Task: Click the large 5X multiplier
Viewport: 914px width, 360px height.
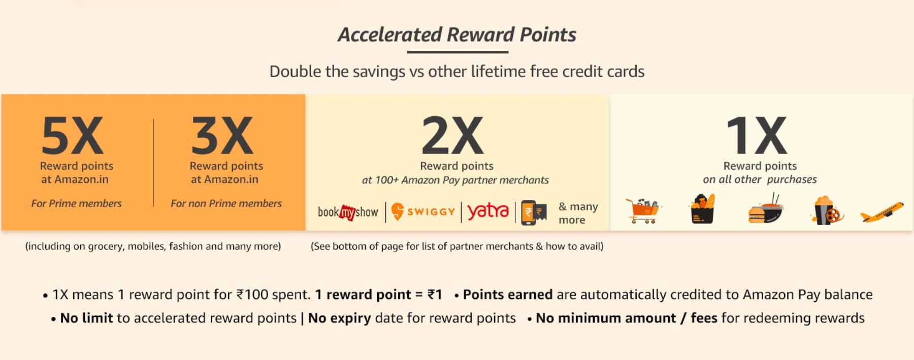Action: point(73,135)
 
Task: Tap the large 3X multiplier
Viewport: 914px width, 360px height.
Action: point(222,135)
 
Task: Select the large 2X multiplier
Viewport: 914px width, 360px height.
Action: point(452,135)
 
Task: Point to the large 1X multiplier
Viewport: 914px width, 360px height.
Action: point(757,135)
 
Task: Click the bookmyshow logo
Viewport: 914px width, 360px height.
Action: point(348,212)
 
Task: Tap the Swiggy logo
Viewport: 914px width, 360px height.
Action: point(423,212)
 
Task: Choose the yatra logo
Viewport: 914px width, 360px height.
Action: point(487,211)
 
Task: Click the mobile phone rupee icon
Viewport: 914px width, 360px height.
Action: point(534,213)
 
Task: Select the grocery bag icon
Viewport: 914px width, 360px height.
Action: point(703,209)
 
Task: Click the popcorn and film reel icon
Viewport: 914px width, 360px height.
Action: point(827,210)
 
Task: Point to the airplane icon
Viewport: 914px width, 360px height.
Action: point(882,212)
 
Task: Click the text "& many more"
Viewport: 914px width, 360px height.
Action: point(578,213)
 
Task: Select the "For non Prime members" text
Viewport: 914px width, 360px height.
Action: point(226,204)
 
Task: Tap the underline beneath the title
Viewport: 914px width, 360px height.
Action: point(457,52)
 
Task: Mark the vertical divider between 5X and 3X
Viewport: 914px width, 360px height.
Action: point(153,162)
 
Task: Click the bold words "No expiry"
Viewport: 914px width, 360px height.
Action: point(340,318)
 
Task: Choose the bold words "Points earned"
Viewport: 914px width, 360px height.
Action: point(508,294)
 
